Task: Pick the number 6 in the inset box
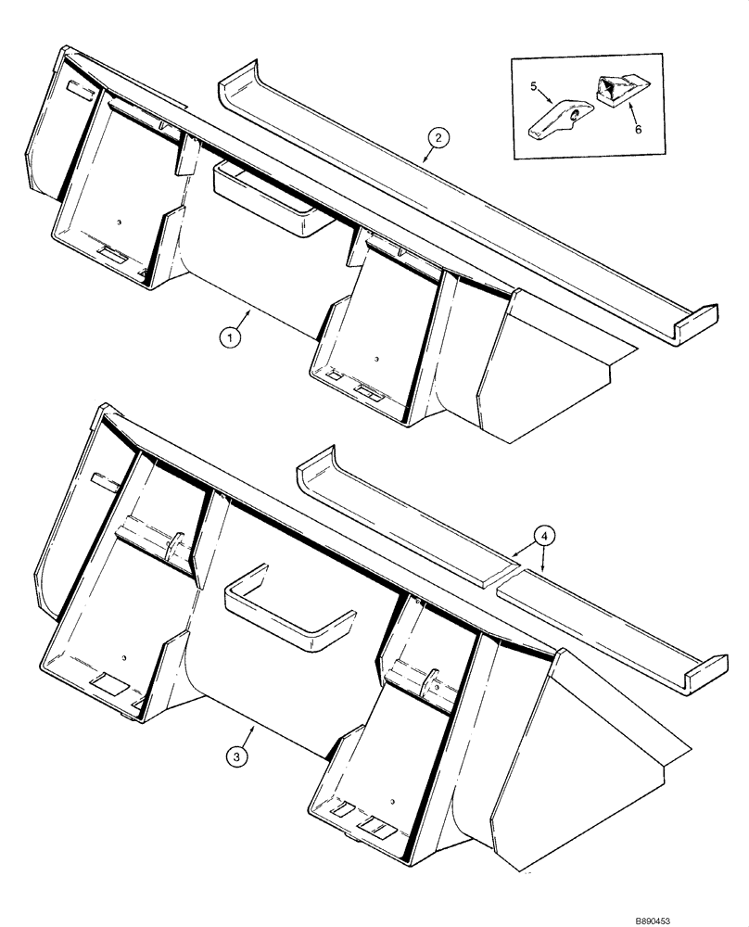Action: pos(638,131)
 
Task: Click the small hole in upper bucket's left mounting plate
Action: pos(120,222)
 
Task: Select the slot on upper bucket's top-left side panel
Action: pos(79,90)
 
